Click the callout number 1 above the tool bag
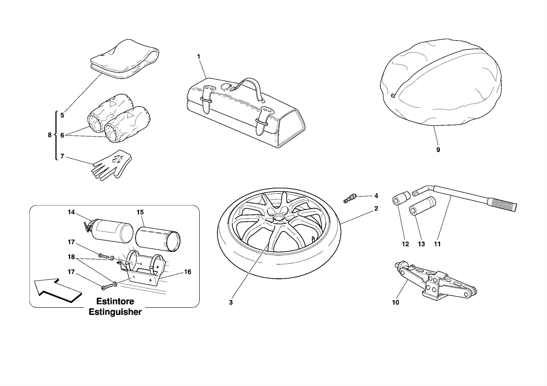[x=198, y=57]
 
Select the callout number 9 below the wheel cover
[x=438, y=150]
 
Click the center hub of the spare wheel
[x=279, y=217]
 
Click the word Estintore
[x=115, y=301]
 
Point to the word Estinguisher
[x=115, y=312]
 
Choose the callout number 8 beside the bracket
[x=49, y=135]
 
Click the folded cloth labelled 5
[x=124, y=60]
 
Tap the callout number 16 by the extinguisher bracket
[x=187, y=272]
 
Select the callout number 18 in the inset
[x=71, y=257]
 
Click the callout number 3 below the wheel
[x=231, y=303]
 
